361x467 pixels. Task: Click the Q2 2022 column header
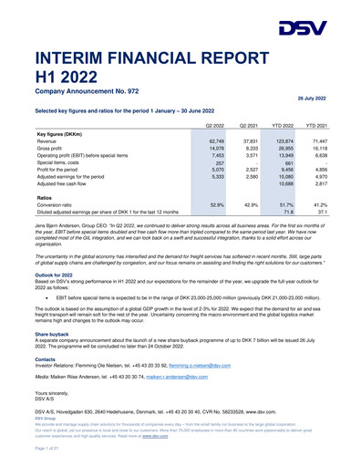click(215, 124)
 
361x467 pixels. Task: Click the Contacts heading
click(46, 358)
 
